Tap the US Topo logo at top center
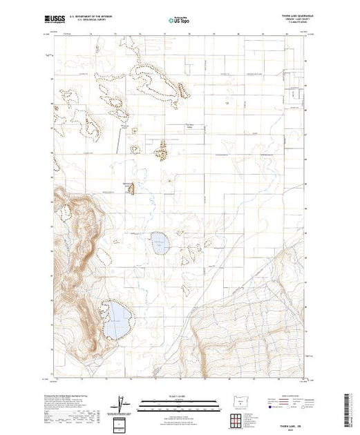pos(180,21)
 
